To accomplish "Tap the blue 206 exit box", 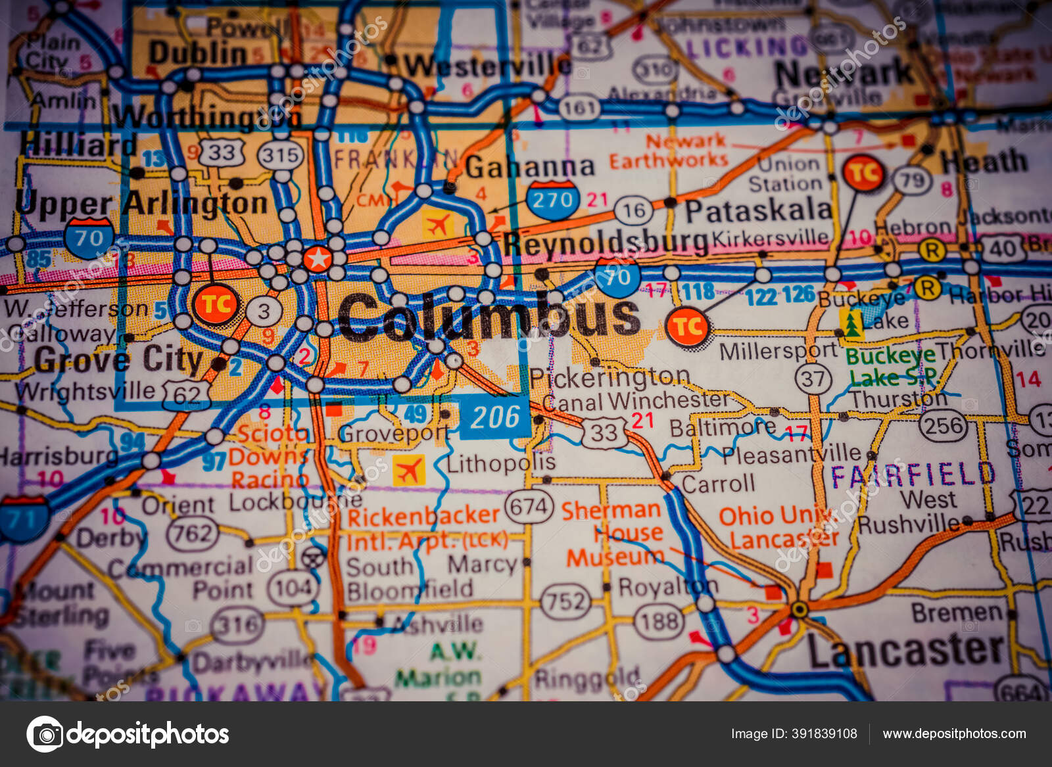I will point(495,417).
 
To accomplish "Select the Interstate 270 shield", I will point(552,199).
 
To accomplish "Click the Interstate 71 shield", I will point(23,519).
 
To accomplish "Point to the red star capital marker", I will point(318,258).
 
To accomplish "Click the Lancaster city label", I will point(906,650).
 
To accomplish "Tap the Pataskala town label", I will point(758,211).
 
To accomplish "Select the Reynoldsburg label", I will point(605,243).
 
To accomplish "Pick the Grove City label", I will point(118,359).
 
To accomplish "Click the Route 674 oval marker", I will point(529,507).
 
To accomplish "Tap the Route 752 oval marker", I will point(564,601).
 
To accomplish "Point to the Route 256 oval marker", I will point(943,426).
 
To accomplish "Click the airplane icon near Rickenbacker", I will point(408,471).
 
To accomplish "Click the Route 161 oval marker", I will point(579,108).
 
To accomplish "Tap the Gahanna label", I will point(529,168).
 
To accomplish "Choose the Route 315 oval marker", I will point(280,156).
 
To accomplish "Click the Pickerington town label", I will point(609,377).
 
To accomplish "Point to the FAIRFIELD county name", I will point(913,475).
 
